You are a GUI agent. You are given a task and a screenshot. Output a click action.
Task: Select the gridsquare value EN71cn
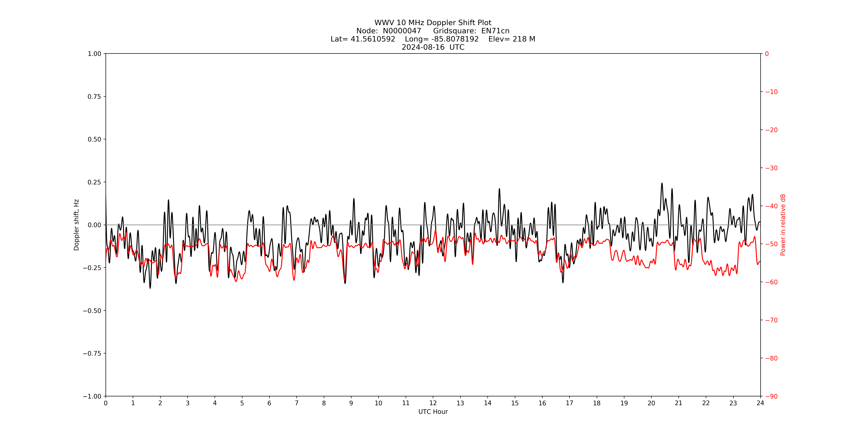pyautogui.click(x=495, y=31)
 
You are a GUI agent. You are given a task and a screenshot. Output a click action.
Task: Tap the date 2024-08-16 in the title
pyautogui.click(x=423, y=47)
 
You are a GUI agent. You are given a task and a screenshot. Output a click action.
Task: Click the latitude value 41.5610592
pyautogui.click(x=373, y=39)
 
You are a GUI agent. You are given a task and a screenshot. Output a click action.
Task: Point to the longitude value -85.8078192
pyautogui.click(x=455, y=39)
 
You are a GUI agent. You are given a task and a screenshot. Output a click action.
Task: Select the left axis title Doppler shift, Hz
pyautogui.click(x=76, y=225)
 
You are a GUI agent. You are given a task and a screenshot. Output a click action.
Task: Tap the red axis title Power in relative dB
pyautogui.click(x=783, y=225)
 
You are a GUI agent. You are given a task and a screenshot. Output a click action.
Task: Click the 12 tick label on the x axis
pyautogui.click(x=433, y=403)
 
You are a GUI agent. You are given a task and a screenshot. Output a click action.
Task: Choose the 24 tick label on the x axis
pyautogui.click(x=760, y=403)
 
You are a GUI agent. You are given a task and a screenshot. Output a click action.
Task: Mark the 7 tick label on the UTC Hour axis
pyautogui.click(x=297, y=403)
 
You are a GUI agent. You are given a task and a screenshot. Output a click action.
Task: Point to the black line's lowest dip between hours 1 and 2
pyautogui.click(x=150, y=288)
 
